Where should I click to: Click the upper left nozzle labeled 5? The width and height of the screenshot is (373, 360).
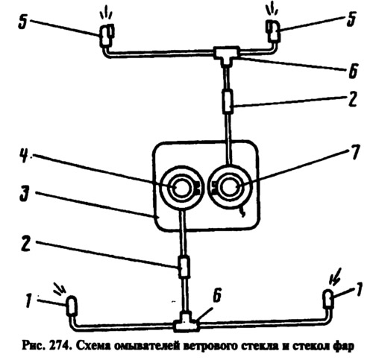pyautogui.click(x=107, y=35)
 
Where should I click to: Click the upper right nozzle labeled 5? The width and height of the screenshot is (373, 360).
pyautogui.click(x=273, y=31)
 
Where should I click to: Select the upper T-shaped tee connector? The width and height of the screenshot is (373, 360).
pyautogui.click(x=227, y=54)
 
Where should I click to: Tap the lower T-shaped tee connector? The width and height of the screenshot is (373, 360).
pyautogui.click(x=186, y=322)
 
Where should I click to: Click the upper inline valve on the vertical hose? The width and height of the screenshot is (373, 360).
pyautogui.click(x=228, y=102)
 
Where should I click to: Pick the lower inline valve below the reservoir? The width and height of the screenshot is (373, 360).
pyautogui.click(x=184, y=267)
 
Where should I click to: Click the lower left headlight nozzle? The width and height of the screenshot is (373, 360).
pyautogui.click(x=72, y=306)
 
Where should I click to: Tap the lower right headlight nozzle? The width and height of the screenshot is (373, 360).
pyautogui.click(x=328, y=299)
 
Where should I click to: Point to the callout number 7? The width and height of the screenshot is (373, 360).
pyautogui.click(x=355, y=151)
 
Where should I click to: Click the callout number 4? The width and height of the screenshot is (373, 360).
pyautogui.click(x=24, y=156)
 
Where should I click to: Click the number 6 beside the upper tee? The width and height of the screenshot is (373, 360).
pyautogui.click(x=352, y=71)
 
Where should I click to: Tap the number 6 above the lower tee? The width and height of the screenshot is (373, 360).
pyautogui.click(x=217, y=297)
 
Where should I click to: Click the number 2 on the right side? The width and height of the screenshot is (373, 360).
pyautogui.click(x=352, y=99)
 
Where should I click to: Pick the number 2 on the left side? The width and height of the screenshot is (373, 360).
pyautogui.click(x=26, y=243)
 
